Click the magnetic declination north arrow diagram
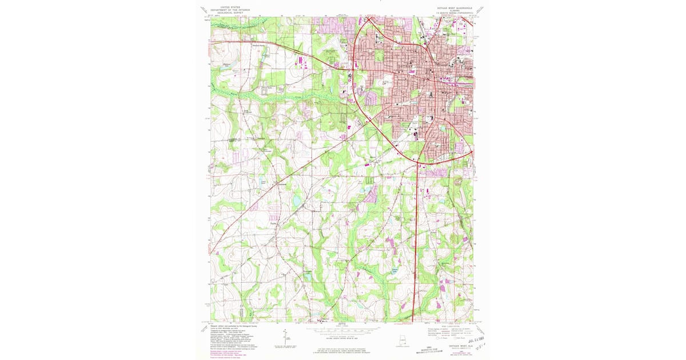[x=284, y=337]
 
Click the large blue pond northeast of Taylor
[x=297, y=201]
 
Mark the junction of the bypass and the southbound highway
[x=419, y=165]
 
